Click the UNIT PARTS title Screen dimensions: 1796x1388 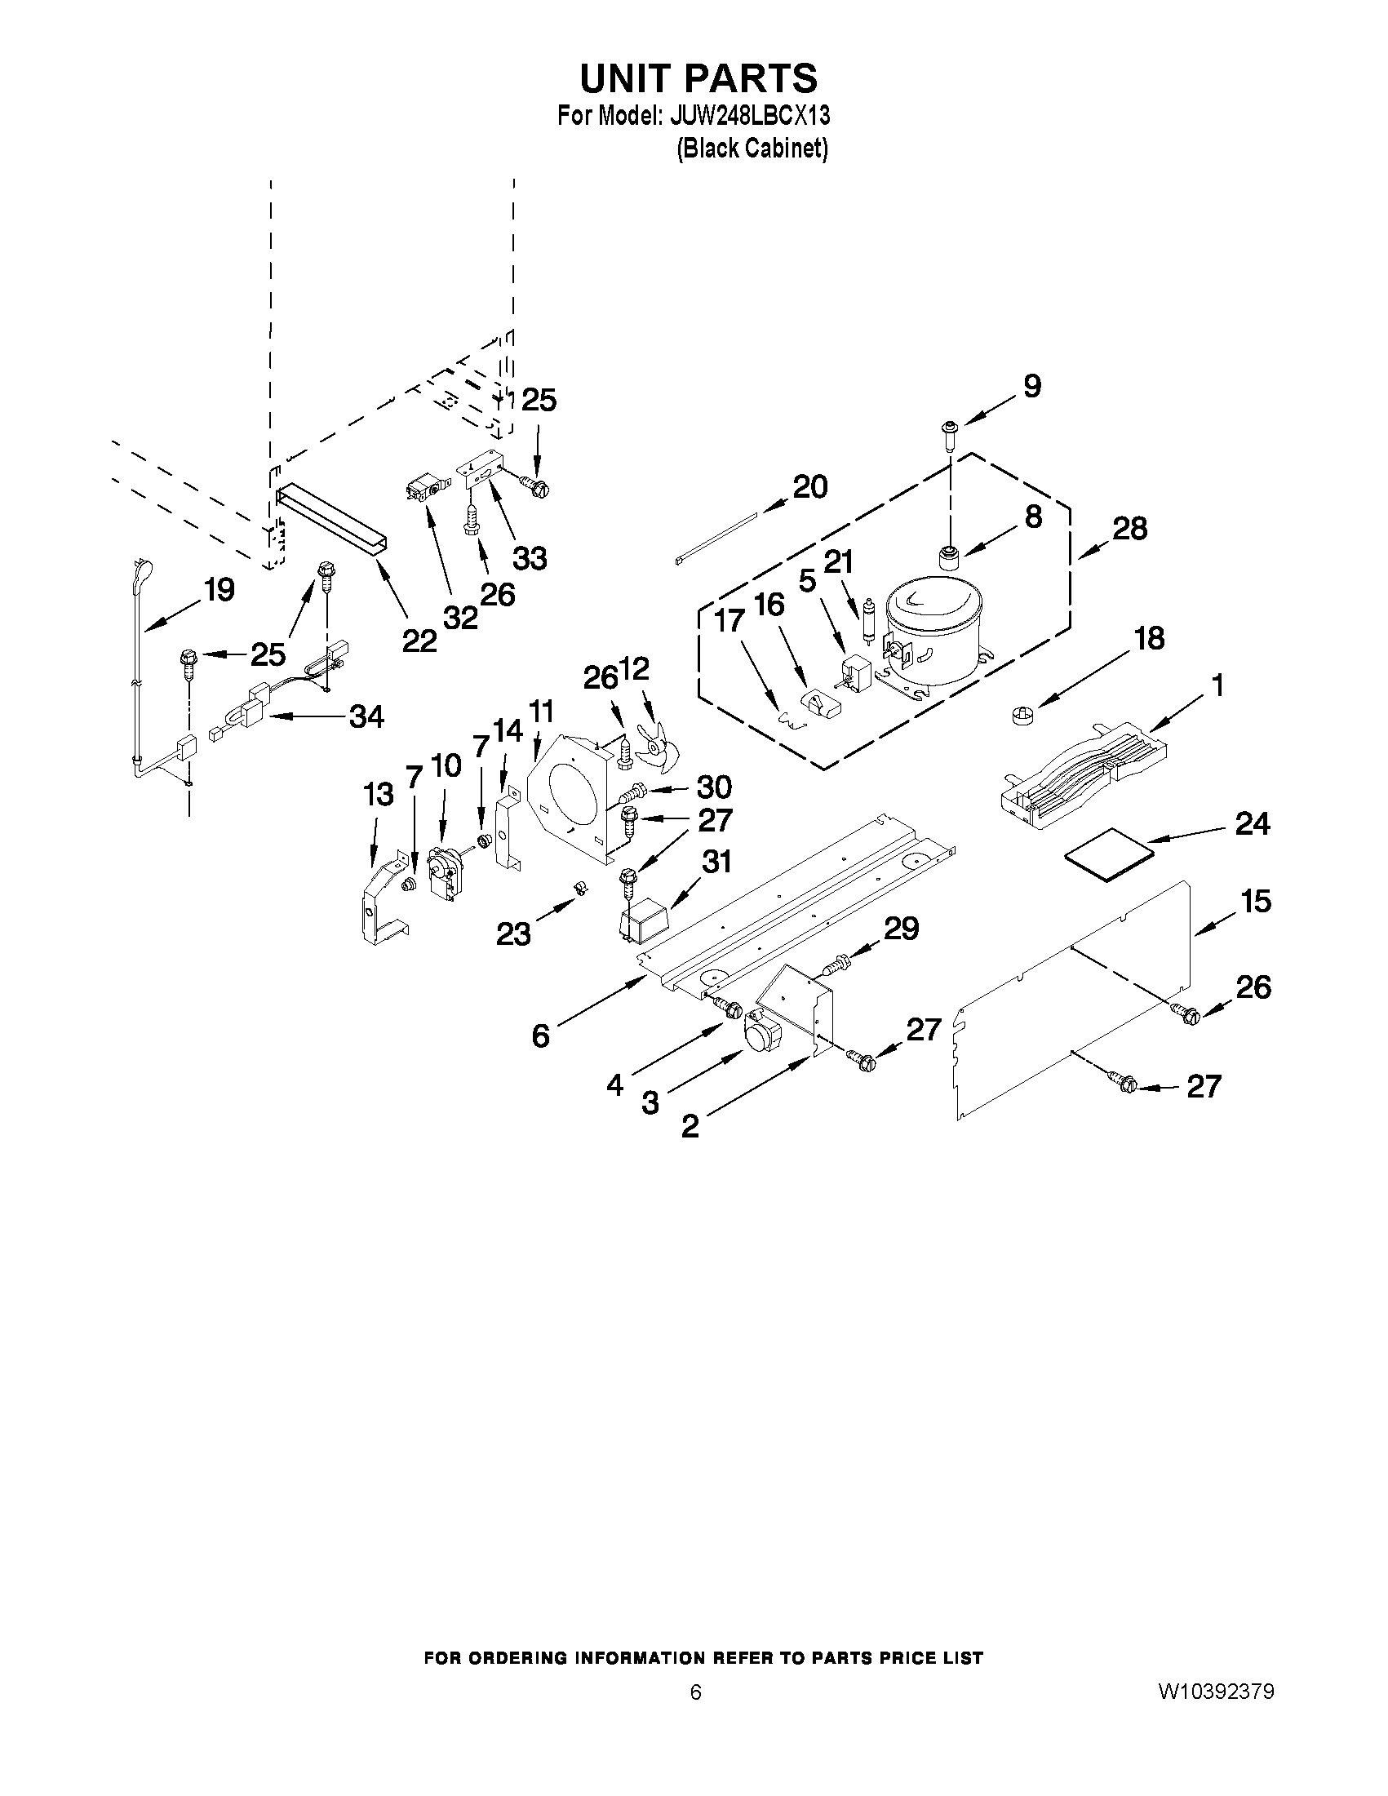click(698, 78)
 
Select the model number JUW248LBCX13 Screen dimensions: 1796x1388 click(749, 116)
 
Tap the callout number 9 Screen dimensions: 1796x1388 click(1032, 386)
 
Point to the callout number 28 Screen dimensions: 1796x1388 click(1129, 529)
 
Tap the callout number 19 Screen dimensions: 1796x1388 click(219, 590)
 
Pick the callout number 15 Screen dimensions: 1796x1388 click(1256, 901)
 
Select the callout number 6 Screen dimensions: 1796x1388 click(540, 1035)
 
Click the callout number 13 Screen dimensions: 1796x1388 click(379, 795)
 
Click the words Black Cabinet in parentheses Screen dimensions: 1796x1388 click(752, 149)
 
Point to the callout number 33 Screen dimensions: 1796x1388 click(530, 558)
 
